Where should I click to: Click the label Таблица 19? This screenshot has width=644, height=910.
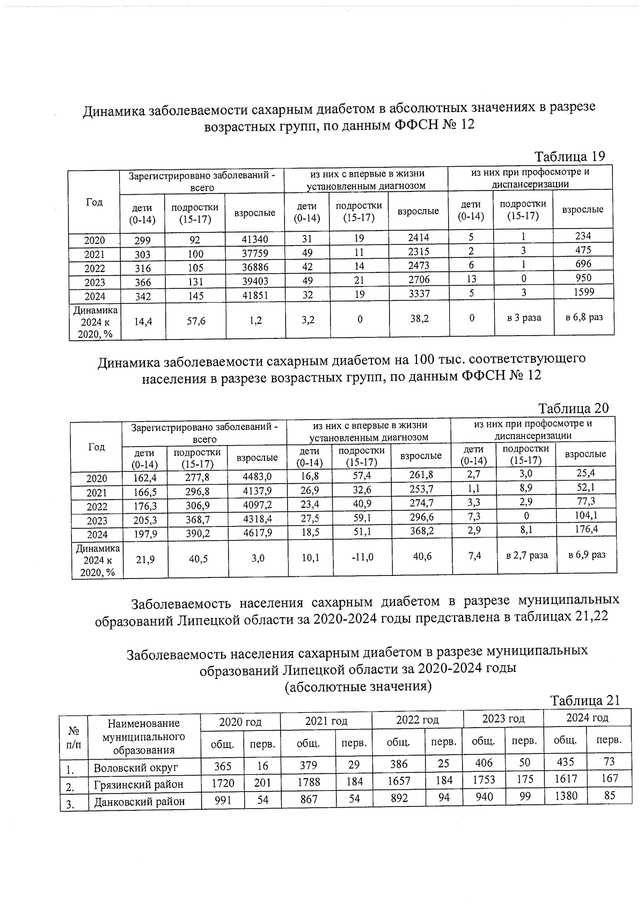(569, 156)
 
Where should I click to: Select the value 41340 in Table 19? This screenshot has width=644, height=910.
(255, 240)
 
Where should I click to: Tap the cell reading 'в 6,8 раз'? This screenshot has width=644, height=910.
(584, 317)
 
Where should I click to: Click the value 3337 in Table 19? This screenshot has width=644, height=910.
(418, 293)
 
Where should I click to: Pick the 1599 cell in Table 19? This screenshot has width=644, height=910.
(583, 292)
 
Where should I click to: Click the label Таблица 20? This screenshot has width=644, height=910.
(573, 408)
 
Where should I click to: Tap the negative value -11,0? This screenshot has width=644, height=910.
(362, 558)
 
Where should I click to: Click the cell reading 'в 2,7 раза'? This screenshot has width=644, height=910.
(527, 556)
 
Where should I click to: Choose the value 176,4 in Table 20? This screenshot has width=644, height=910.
(586, 529)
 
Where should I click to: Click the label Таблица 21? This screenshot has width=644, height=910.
(584, 700)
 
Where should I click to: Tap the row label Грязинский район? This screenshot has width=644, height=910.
(138, 785)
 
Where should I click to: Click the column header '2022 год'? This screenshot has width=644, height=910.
(417, 720)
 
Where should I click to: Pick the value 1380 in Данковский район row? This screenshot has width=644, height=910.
(565, 796)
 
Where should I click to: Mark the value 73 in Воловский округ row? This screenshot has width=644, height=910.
(609, 761)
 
